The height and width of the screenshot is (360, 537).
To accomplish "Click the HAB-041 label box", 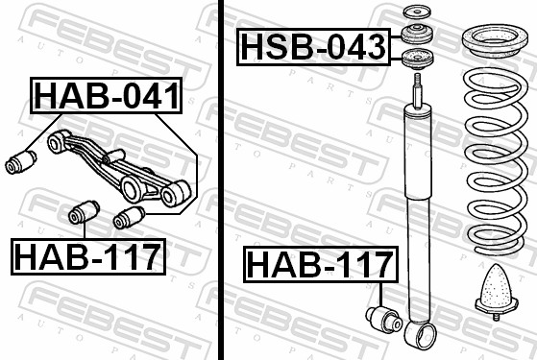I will (x=107, y=96).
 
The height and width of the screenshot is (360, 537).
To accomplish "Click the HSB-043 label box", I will (x=313, y=46).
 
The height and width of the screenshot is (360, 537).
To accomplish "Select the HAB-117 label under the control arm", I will (x=87, y=256).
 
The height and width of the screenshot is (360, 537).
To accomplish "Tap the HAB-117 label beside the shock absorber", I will (x=320, y=265).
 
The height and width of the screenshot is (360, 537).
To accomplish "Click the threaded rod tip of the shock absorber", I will (x=419, y=90).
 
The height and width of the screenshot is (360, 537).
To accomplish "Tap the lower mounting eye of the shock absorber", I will (x=419, y=336).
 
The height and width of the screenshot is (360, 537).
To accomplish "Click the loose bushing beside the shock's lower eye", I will (x=383, y=318).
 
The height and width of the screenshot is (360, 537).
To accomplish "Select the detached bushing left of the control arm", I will (x=19, y=162).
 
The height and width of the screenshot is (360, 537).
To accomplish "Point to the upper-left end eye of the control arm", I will (x=57, y=142).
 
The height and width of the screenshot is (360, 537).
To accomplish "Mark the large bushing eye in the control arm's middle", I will (x=132, y=186).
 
